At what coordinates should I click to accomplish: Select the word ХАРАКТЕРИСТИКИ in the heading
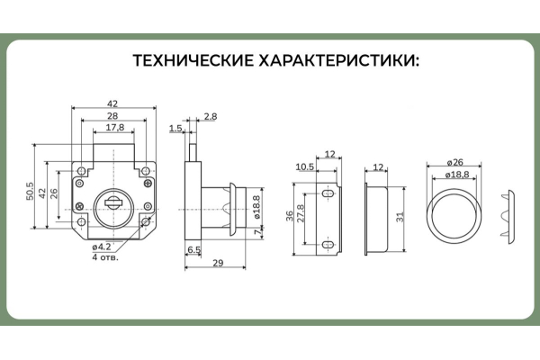[x=336, y=61]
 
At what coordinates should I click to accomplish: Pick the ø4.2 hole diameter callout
[x=101, y=247]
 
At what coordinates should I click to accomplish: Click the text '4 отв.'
[x=105, y=256]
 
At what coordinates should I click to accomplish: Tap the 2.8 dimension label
[x=210, y=117]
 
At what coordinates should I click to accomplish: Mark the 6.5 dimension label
[x=193, y=248]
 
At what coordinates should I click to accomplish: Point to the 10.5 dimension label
[x=303, y=166]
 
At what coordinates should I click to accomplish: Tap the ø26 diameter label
[x=454, y=163]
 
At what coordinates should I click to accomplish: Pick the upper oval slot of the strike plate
[x=328, y=192]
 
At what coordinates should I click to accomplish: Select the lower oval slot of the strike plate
[x=328, y=243]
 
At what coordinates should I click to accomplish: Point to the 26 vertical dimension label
[x=55, y=192]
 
